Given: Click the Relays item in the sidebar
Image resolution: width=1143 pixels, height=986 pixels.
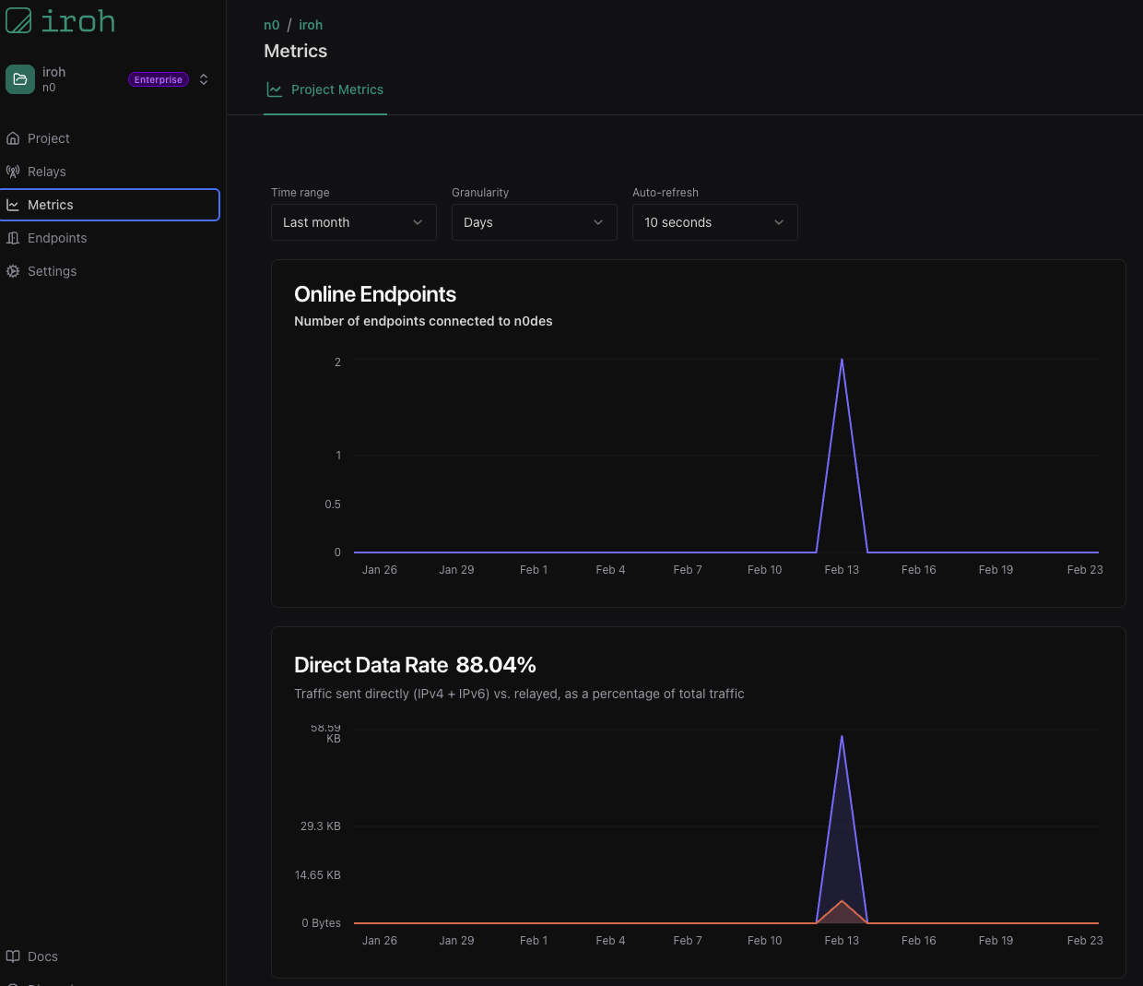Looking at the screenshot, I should [46, 172].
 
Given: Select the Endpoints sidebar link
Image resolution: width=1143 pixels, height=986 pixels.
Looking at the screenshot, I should [56, 238].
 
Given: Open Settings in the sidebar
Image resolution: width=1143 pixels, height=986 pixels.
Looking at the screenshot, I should [52, 271].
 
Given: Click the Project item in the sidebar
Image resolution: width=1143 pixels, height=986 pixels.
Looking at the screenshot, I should [48, 138].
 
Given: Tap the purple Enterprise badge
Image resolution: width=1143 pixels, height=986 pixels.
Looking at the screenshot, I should [159, 79].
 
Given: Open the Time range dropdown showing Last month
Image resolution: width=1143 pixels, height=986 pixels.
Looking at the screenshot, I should [353, 222].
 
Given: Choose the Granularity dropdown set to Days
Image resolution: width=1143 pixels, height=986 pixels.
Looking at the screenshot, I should [534, 222].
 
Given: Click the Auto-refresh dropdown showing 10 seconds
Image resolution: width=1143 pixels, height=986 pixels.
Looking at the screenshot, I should [714, 222].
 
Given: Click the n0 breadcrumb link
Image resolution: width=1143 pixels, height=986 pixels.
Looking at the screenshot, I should [271, 25].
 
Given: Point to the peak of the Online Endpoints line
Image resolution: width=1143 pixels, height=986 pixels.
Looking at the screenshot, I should [842, 360].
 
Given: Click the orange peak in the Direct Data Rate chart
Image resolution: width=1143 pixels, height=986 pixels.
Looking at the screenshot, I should [842, 901].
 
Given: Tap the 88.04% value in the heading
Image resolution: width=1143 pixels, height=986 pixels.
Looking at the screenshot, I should [496, 665].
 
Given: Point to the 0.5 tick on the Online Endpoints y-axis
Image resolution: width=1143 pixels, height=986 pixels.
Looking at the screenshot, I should [333, 505].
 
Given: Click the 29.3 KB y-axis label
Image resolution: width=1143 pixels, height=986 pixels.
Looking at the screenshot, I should [320, 826].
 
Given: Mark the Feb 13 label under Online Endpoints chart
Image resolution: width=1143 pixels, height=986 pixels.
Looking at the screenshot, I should [842, 570].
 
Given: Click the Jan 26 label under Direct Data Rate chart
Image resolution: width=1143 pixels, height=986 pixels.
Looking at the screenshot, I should [379, 941].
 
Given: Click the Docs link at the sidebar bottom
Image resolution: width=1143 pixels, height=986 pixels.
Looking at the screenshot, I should [42, 956].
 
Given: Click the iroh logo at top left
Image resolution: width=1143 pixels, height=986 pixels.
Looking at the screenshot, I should [61, 20].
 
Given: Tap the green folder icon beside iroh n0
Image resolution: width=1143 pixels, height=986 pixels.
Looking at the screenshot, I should [20, 79].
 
